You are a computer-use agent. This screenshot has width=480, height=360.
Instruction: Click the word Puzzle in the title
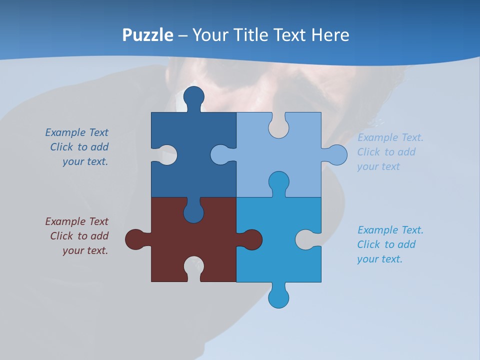coord(148,35)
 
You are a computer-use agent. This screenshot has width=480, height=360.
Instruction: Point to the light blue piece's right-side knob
coord(336,155)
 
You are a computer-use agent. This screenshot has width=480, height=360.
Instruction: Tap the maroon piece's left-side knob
coord(135,239)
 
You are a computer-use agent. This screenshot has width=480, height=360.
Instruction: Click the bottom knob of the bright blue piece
coord(278,298)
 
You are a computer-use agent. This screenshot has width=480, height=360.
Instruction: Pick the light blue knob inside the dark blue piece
coord(220,155)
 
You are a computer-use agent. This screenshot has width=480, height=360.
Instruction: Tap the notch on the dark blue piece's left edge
coord(167,155)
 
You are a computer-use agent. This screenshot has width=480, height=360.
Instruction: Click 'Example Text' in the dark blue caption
coord(76,132)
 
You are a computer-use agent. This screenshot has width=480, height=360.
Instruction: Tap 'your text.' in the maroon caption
coord(85,250)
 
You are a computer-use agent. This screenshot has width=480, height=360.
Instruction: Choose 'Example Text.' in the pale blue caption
coord(390,137)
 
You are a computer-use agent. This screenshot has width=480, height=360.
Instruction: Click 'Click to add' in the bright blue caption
coord(386,244)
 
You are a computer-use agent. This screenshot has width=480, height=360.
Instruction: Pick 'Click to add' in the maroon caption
coord(79,236)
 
